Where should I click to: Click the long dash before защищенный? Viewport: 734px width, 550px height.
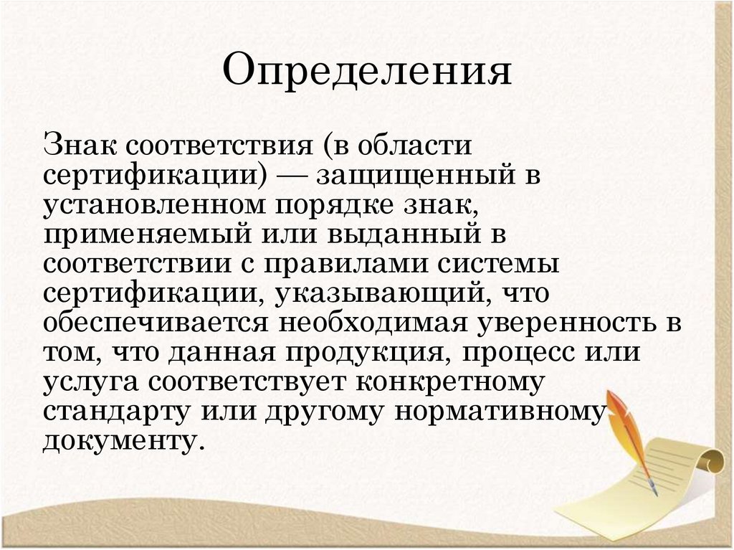(x=291, y=176)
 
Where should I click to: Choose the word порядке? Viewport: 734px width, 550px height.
(x=327, y=207)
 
